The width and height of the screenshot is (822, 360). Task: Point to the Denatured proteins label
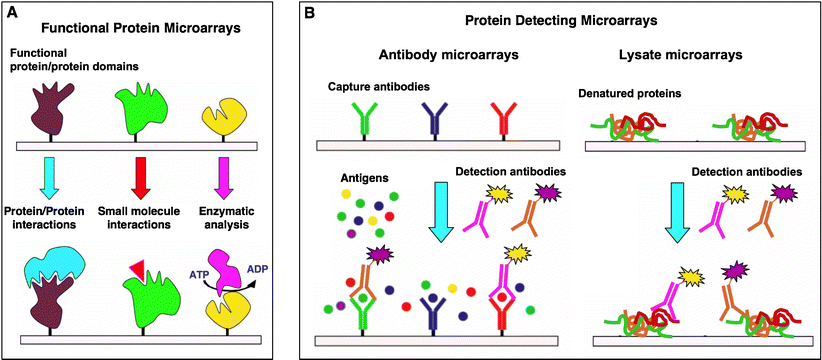tap(629, 94)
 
